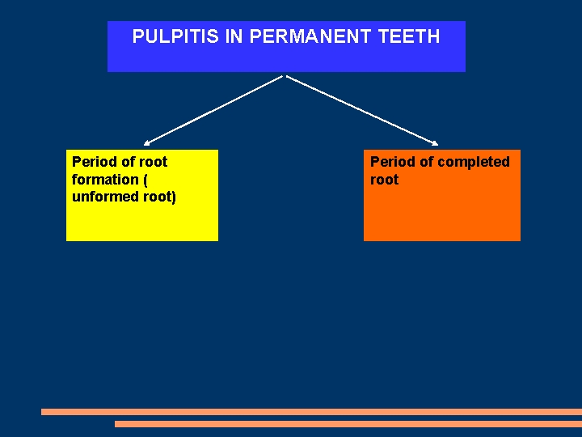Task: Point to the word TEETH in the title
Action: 414,36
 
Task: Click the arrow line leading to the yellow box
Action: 214,110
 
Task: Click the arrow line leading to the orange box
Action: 360,110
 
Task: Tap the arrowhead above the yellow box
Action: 148,143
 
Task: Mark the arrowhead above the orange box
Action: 434,143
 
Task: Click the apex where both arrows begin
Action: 285,76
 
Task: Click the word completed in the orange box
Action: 474,162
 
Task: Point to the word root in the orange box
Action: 385,180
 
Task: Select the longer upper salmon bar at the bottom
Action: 311,412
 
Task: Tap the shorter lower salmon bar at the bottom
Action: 348,423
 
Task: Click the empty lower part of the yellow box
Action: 141,223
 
